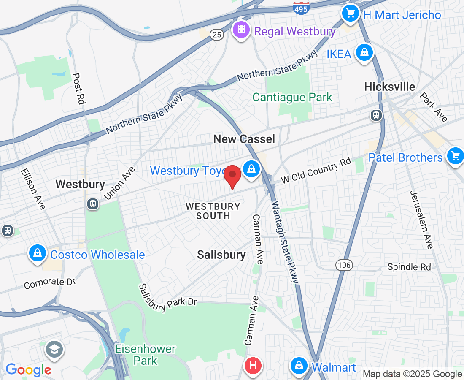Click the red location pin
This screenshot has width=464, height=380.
(x=232, y=176)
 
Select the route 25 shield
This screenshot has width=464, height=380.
(x=217, y=35)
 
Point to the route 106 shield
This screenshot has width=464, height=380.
(x=344, y=265)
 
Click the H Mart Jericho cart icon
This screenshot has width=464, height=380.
(x=350, y=14)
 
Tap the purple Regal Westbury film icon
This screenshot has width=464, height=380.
(x=241, y=30)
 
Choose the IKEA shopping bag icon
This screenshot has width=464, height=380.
(x=364, y=53)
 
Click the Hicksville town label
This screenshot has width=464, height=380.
(x=390, y=87)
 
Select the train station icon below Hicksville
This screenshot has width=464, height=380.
(x=376, y=114)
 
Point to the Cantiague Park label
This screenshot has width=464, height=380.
(x=292, y=98)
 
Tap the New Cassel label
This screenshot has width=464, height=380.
(x=244, y=139)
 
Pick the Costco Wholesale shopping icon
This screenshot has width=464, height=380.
(x=38, y=253)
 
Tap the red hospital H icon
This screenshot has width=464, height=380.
(x=253, y=365)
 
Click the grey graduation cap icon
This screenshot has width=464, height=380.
(x=54, y=349)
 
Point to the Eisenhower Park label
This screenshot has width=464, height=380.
(x=145, y=355)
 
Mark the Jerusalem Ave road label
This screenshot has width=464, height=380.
(x=421, y=220)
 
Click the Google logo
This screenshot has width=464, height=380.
(x=28, y=370)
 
